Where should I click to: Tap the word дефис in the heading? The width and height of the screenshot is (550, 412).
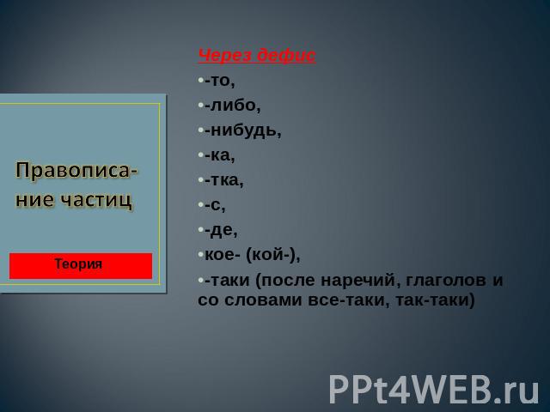pyautogui.click(x=286, y=56)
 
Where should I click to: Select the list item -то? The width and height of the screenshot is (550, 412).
pyautogui.click(x=220, y=81)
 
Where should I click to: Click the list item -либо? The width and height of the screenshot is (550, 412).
pyautogui.click(x=233, y=106)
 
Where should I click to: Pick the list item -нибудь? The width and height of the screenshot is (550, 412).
pyautogui.click(x=242, y=130)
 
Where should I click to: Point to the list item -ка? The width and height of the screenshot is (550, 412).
pyautogui.click(x=220, y=155)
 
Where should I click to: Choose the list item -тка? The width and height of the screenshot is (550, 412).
pyautogui.click(x=223, y=180)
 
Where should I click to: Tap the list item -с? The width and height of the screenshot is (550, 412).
pyautogui.click(x=215, y=205)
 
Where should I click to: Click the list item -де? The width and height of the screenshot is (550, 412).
pyautogui.click(x=221, y=231)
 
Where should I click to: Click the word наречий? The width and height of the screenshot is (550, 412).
pyautogui.click(x=361, y=281)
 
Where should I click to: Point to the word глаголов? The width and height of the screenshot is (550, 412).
pyautogui.click(x=446, y=281)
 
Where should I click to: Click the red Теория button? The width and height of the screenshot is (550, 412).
pyautogui.click(x=81, y=266)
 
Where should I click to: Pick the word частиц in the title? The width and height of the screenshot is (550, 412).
pyautogui.click(x=96, y=200)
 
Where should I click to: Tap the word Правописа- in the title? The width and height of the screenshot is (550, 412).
pyautogui.click(x=76, y=171)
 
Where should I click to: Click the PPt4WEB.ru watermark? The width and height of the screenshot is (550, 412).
pyautogui.click(x=434, y=390)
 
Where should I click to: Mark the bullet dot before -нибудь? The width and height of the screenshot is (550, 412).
pyautogui.click(x=200, y=130)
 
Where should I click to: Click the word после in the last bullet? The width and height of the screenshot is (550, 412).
pyautogui.click(x=288, y=281)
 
